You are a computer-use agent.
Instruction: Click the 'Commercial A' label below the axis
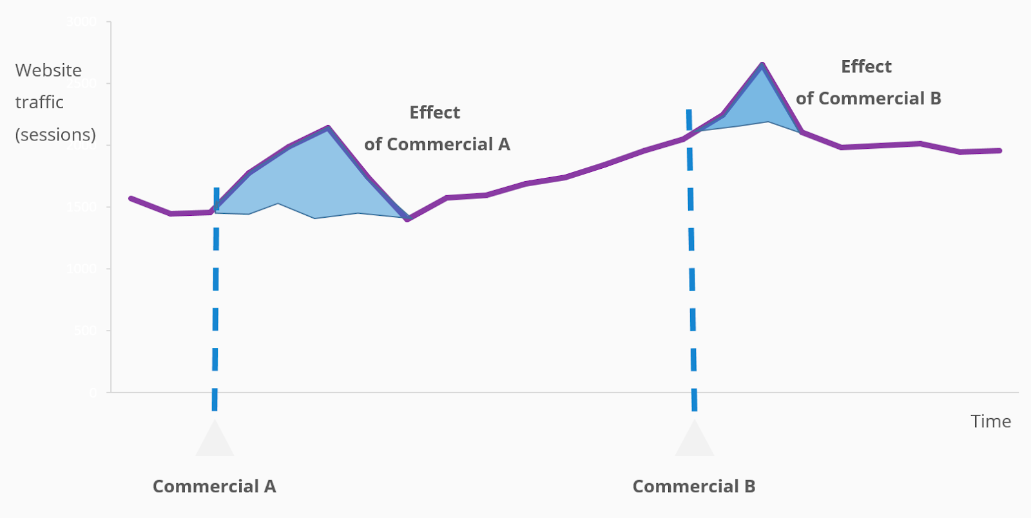(x=214, y=486)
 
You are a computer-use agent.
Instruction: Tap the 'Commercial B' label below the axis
(x=693, y=486)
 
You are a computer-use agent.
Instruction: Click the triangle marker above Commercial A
(x=215, y=441)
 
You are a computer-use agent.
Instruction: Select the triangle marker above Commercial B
(x=694, y=441)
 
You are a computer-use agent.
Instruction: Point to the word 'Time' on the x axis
(x=990, y=421)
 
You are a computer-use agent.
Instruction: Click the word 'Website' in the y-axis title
(x=48, y=70)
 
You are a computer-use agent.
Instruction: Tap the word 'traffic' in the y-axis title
(x=39, y=102)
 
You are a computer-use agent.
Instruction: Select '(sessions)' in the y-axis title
(x=55, y=135)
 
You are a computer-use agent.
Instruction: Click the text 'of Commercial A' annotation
(x=437, y=144)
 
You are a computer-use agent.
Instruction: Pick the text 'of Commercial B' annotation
(x=868, y=99)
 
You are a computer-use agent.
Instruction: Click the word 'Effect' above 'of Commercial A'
(x=434, y=113)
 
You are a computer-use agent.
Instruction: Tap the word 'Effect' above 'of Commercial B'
(x=866, y=67)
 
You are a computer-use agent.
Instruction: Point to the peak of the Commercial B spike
(x=762, y=64)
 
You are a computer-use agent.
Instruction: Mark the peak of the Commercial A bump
(x=328, y=128)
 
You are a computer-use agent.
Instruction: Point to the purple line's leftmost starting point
(x=131, y=198)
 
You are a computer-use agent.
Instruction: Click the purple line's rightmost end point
(x=999, y=151)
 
